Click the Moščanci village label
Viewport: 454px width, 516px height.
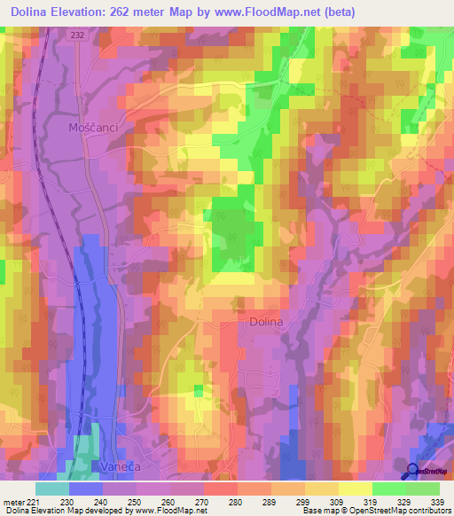(x=93, y=128)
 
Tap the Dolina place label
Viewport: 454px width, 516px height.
(x=263, y=323)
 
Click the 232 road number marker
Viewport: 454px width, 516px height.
(x=80, y=33)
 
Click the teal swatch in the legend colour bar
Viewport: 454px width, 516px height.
(x=52, y=489)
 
